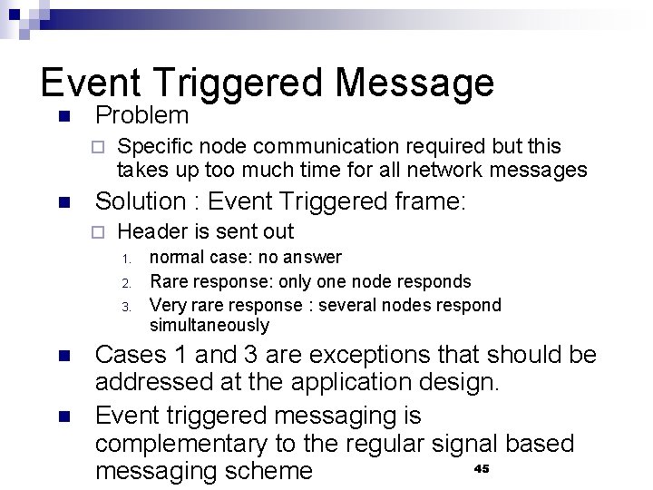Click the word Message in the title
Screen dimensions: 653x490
click(x=414, y=83)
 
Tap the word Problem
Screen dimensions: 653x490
click(x=141, y=116)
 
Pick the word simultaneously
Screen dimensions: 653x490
click(x=210, y=325)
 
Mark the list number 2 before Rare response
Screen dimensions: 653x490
click(x=128, y=282)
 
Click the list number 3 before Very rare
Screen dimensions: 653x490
click(x=128, y=306)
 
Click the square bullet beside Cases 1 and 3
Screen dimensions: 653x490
click(x=63, y=356)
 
